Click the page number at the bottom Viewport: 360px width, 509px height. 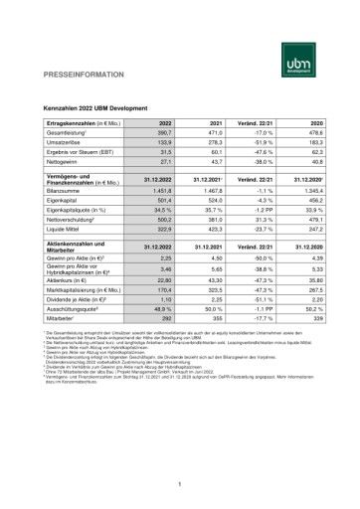179,484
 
